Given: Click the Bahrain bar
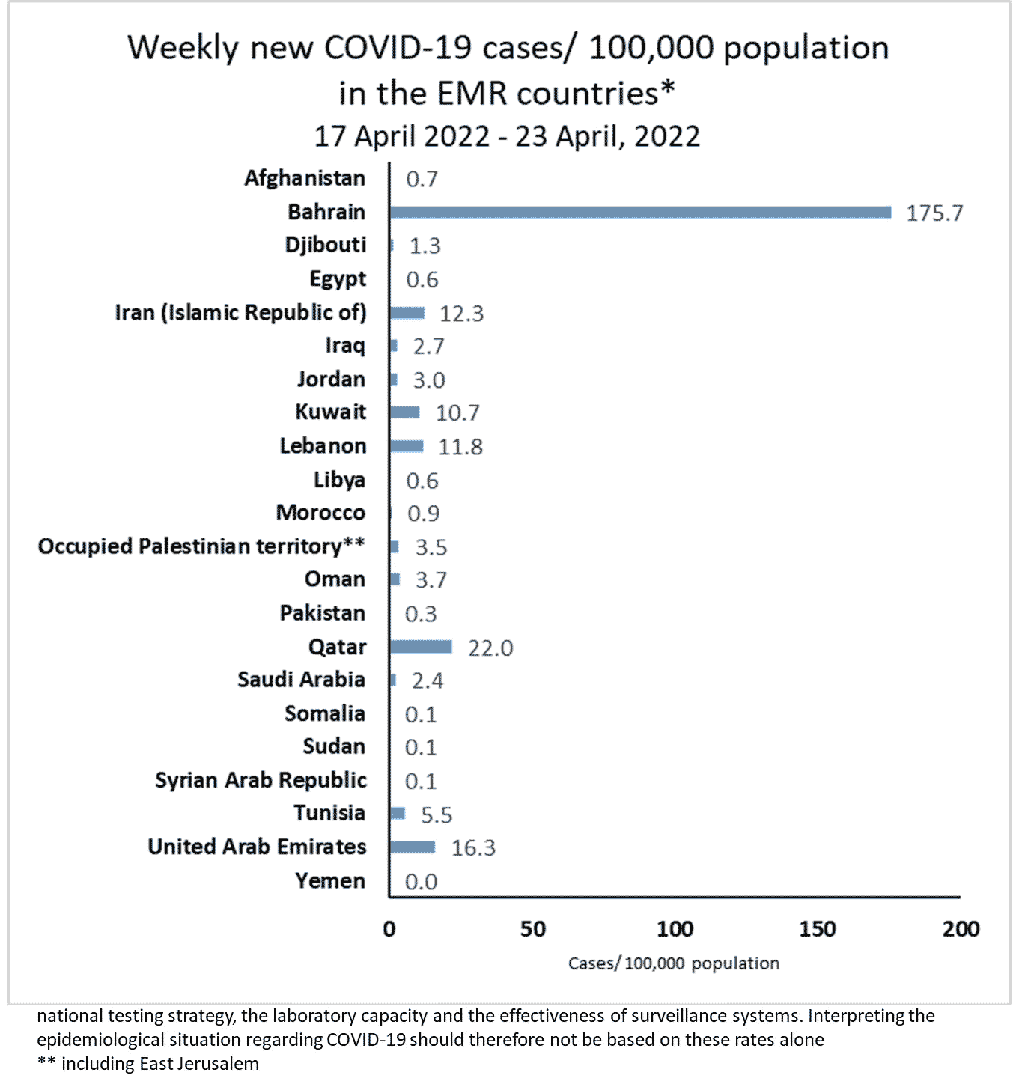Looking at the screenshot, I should (640, 213).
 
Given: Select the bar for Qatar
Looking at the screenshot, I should (421, 647).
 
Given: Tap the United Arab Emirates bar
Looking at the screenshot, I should (413, 847).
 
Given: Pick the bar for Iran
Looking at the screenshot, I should (407, 313).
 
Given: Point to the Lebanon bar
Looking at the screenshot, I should (407, 446).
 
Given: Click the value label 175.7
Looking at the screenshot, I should (934, 213).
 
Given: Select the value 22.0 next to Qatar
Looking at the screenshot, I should (490, 648).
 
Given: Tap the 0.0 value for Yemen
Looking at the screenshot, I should (421, 881).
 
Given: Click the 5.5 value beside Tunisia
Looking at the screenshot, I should (437, 814).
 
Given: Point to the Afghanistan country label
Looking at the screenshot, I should (305, 178).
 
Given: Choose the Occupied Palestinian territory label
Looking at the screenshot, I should (201, 546).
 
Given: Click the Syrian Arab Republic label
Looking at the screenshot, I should (261, 780).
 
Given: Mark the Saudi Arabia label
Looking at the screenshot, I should (301, 680).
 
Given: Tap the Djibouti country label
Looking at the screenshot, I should (326, 245).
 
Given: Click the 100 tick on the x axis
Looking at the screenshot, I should (675, 929).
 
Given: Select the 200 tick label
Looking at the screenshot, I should (961, 929).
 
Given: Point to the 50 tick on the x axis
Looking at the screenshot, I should (532, 929).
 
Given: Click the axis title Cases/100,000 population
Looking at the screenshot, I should (673, 963).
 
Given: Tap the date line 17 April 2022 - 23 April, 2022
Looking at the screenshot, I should (507, 136).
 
